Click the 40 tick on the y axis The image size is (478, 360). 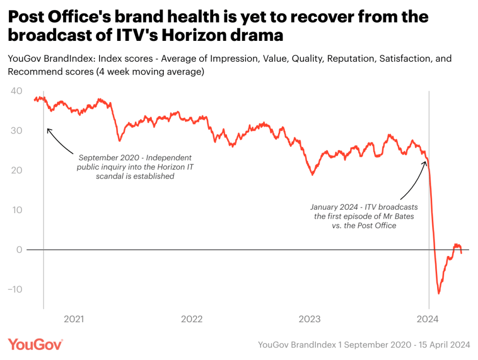pos(16,91)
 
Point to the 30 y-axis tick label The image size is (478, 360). pos(16,130)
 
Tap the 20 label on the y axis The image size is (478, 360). pos(16,170)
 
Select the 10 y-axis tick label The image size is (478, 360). pos(17,210)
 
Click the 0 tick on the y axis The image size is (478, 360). pos(19,249)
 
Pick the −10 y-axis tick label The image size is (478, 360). pos(15,289)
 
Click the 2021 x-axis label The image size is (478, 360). pos(74,319)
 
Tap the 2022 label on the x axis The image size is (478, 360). pos(192,319)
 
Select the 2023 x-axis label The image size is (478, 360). pos(309,319)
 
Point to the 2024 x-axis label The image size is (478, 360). pos(427,319)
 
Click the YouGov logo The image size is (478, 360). pos(35,345)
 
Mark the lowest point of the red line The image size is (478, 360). pos(439,293)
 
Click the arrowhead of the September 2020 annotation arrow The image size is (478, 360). pos(48,129)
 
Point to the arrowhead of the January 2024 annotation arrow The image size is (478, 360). pos(425,162)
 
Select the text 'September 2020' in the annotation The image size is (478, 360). pos(109,158)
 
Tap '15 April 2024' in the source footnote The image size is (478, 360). pos(444,345)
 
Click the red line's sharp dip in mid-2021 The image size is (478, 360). pos(119,140)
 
